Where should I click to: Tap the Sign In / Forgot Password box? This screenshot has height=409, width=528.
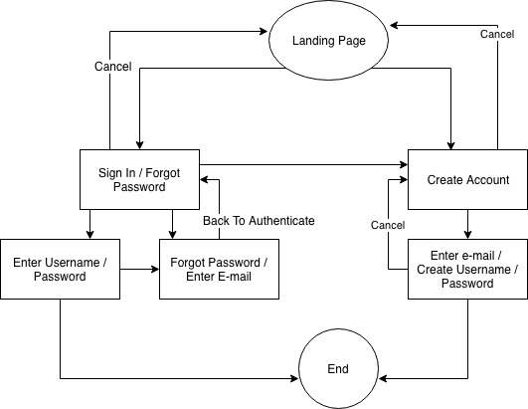tap(139, 179)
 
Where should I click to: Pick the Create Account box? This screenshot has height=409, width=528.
tap(467, 179)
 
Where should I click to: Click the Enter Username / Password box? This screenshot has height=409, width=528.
tap(60, 270)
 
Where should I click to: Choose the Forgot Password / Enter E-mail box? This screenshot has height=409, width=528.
tap(219, 270)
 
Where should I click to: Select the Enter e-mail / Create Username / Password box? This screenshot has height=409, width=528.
tap(467, 270)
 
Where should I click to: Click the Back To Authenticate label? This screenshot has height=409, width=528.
tap(259, 221)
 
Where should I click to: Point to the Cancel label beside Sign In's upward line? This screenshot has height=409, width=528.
tap(112, 67)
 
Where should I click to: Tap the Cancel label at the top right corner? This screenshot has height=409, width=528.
tap(497, 34)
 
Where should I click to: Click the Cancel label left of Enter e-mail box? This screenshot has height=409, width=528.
tap(388, 225)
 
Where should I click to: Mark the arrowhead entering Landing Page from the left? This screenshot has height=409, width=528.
tap(264, 31)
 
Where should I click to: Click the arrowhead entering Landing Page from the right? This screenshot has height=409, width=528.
tap(394, 25)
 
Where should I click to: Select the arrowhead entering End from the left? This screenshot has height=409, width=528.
tap(294, 379)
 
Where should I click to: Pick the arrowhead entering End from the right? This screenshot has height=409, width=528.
tap(383, 379)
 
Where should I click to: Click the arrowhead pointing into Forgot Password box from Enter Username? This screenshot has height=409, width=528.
tap(155, 270)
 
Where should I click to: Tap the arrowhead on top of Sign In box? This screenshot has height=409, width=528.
tap(139, 145)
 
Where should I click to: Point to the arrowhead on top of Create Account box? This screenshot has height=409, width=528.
tap(450, 145)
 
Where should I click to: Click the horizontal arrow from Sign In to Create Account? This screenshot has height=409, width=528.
tap(303, 165)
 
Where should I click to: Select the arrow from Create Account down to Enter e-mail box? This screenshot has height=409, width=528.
tap(467, 224)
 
